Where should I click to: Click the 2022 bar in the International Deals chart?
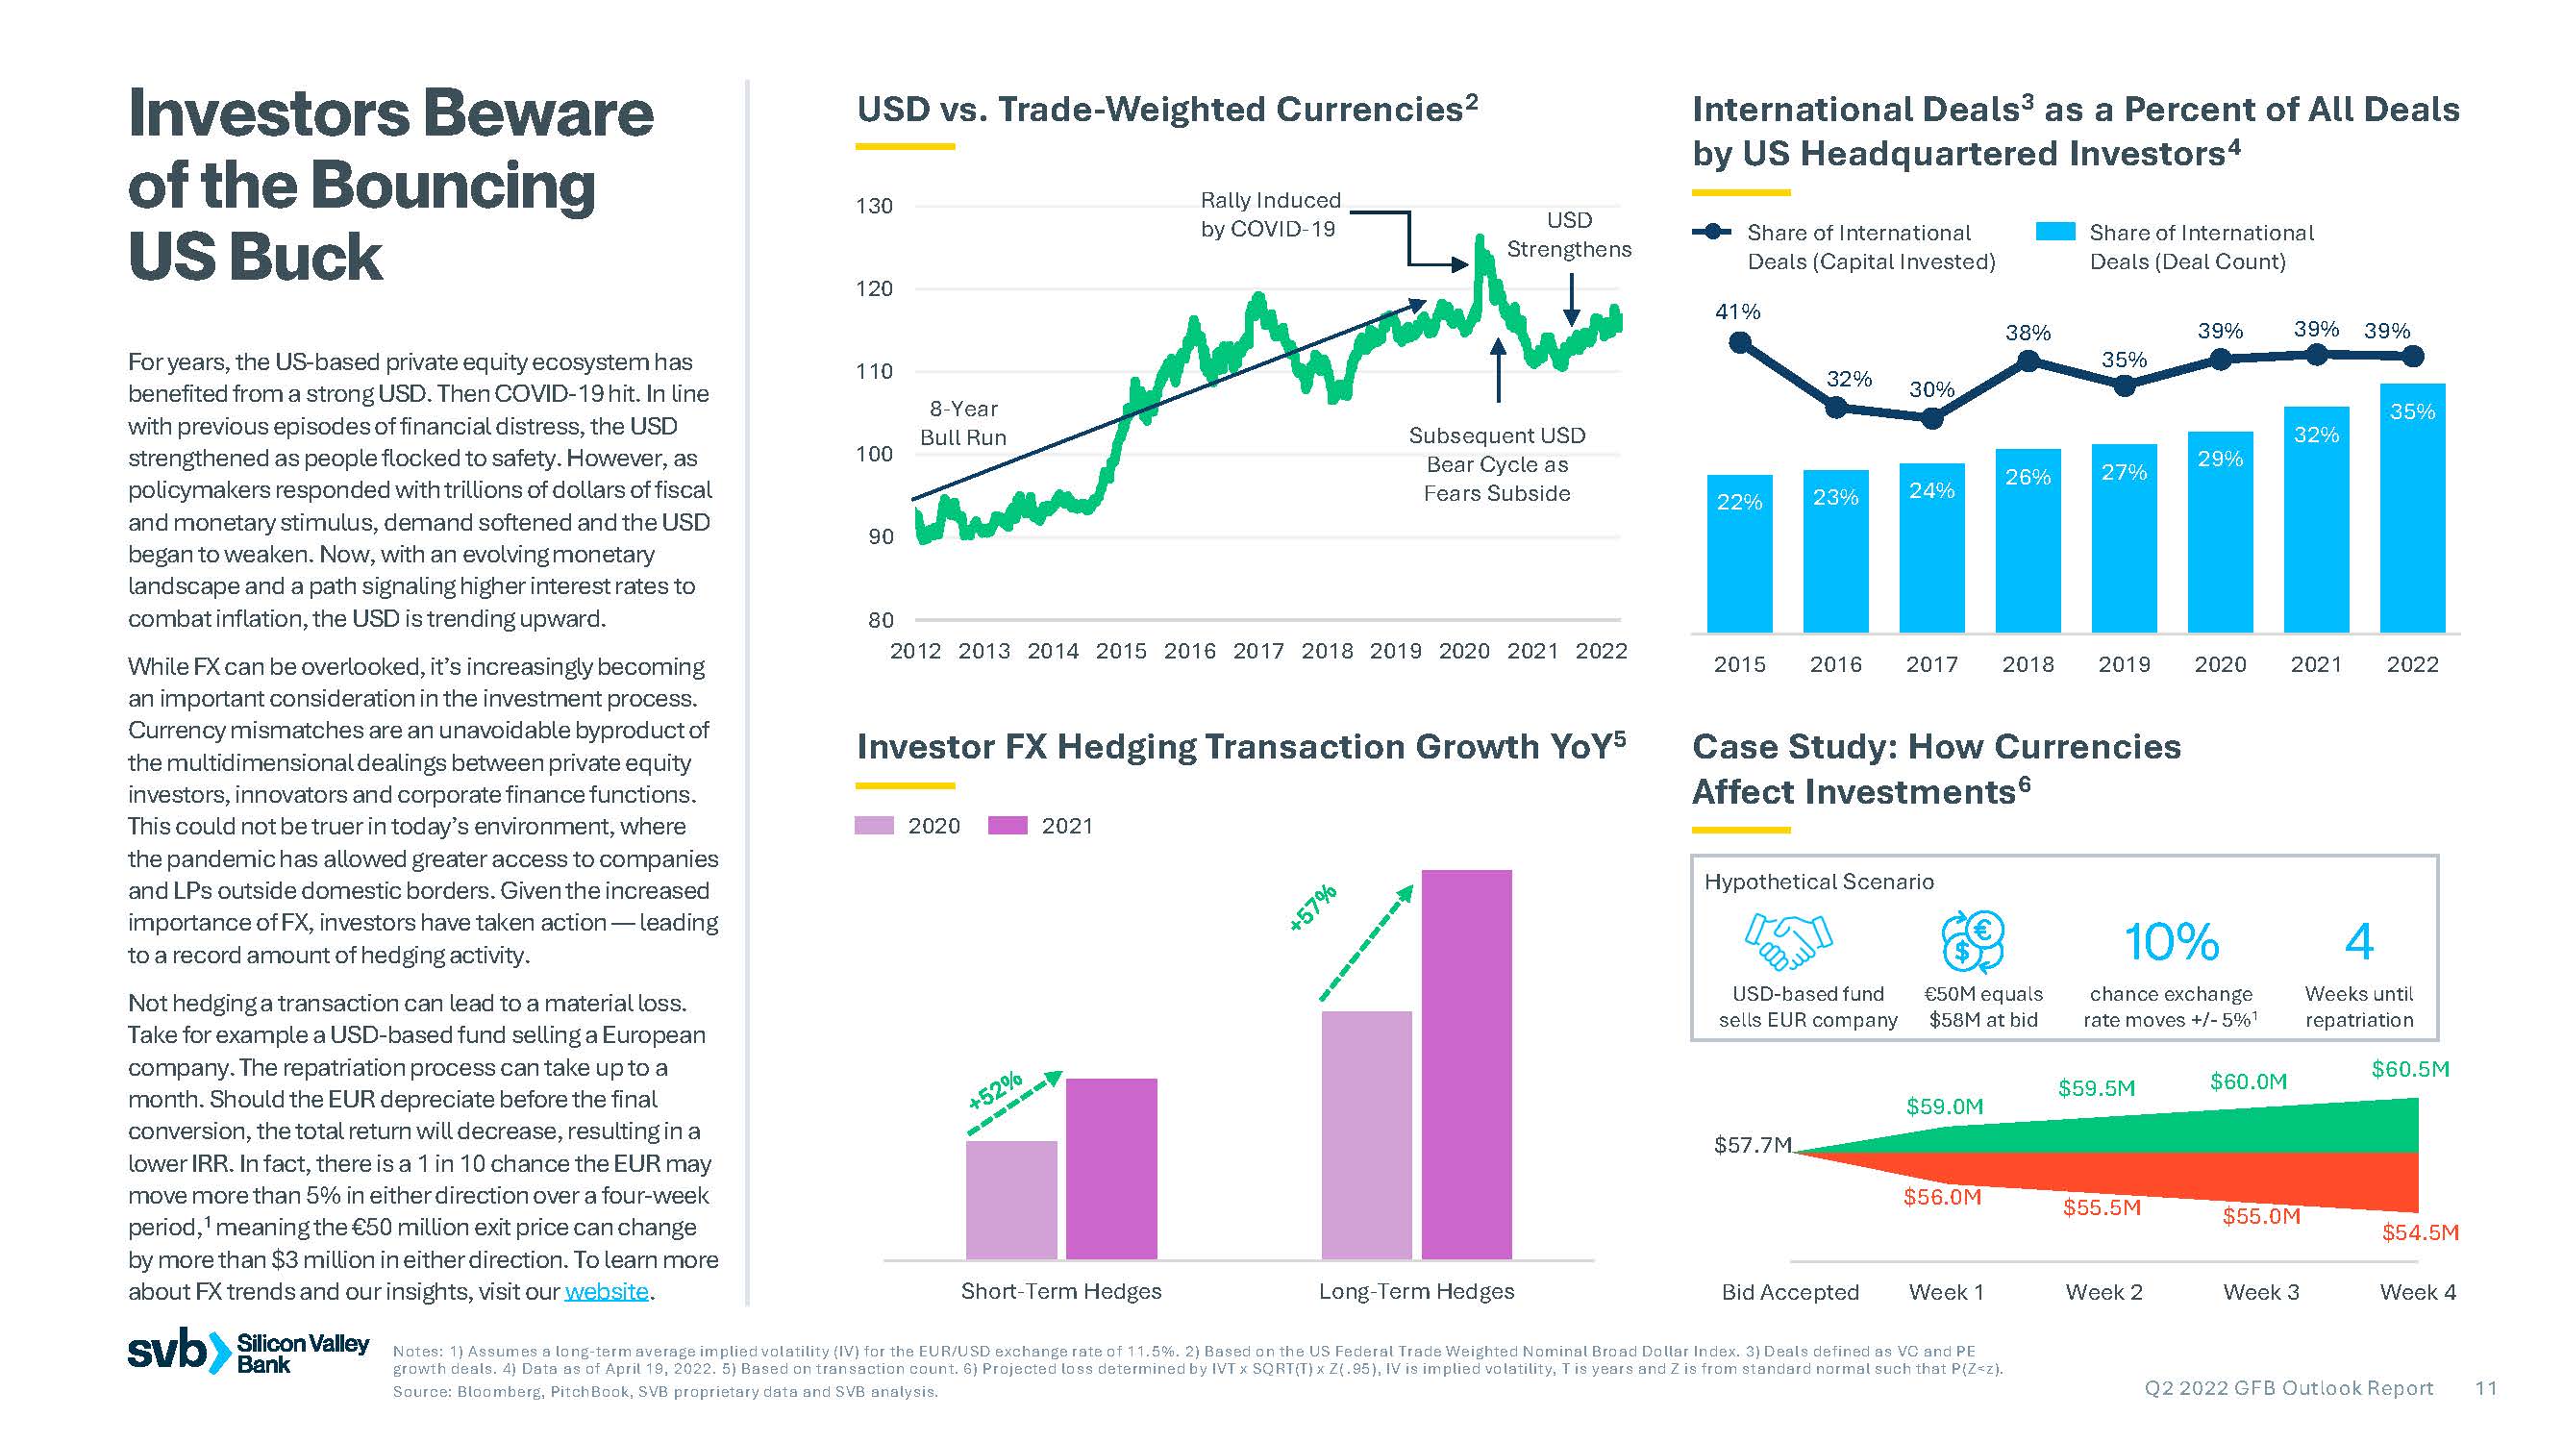tap(2411, 508)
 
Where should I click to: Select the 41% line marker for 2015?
tap(1739, 343)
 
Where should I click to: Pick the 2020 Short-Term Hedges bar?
tap(1010, 1199)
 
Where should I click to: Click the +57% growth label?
tap(1312, 907)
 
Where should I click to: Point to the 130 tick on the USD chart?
tap(875, 206)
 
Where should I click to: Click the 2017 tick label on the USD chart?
tap(1257, 651)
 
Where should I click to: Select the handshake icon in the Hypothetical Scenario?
tap(1788, 940)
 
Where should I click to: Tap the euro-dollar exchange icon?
tap(1972, 940)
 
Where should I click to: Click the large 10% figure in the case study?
tap(2171, 941)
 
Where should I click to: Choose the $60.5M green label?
tap(2410, 1069)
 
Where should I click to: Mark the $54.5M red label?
tap(2420, 1232)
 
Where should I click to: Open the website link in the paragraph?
tap(606, 1291)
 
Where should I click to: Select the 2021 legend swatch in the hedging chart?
tap(1007, 825)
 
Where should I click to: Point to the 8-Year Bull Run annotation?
tap(962, 423)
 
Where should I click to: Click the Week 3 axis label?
tap(2260, 1292)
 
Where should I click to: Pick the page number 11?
tap(2485, 1388)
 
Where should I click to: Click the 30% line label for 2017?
tap(1931, 389)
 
